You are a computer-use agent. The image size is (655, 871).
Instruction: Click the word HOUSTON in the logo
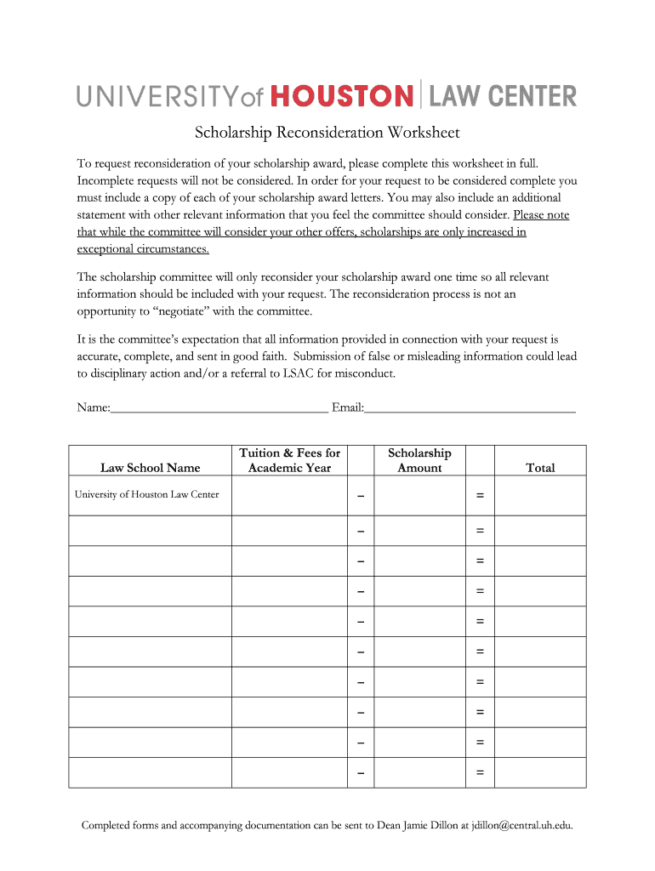click(342, 95)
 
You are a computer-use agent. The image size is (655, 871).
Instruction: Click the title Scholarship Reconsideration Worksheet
click(327, 133)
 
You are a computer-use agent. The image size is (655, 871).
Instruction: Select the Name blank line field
click(219, 407)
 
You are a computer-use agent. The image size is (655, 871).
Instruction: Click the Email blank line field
click(470, 407)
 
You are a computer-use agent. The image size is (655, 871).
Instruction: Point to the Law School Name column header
click(151, 468)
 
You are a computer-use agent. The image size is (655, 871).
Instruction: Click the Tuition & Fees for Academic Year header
click(290, 460)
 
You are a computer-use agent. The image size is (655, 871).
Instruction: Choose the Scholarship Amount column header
click(419, 460)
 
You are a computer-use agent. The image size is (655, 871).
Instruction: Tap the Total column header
click(540, 468)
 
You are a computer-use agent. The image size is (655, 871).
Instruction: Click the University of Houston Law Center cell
click(146, 495)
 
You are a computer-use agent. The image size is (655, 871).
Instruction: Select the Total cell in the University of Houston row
click(540, 496)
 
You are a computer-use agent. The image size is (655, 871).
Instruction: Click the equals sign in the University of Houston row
click(480, 496)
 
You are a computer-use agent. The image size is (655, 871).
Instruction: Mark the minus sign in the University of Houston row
click(361, 496)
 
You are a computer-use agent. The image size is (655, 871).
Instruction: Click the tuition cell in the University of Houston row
click(290, 496)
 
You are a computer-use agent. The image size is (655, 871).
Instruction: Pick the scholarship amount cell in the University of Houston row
click(419, 496)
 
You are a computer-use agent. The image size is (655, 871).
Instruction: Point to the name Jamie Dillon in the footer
click(433, 825)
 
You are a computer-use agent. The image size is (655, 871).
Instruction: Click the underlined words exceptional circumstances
click(143, 249)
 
